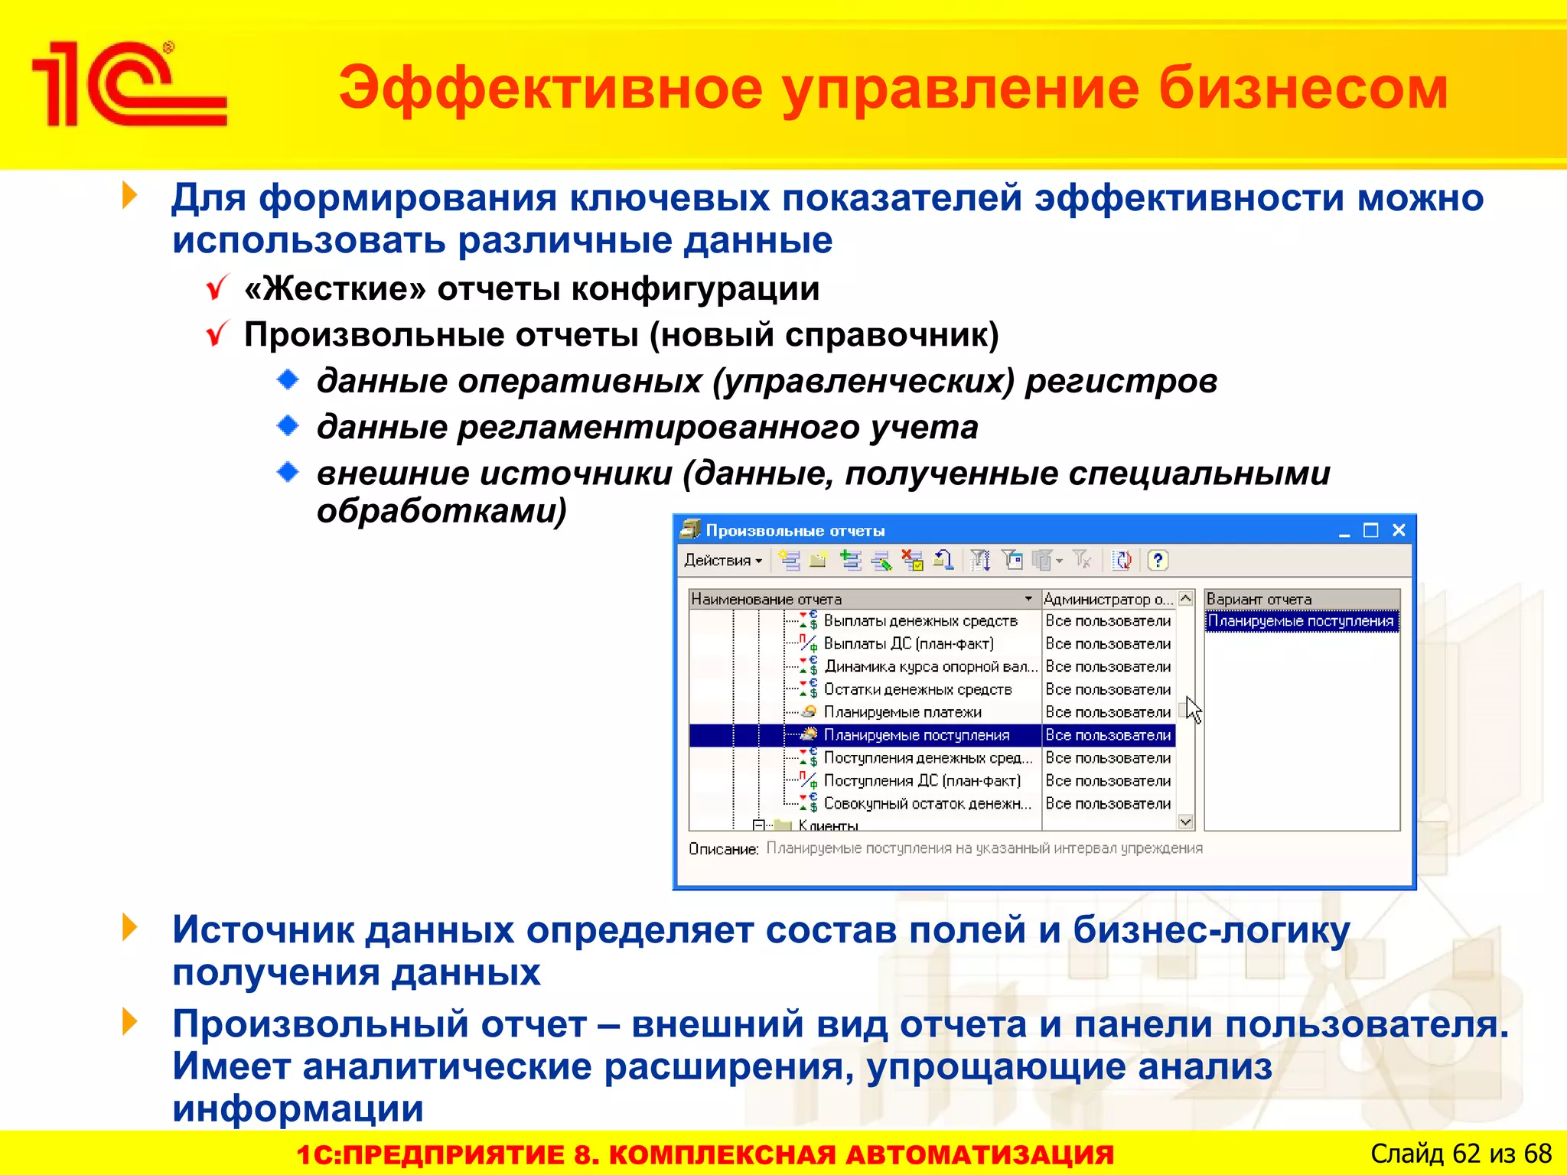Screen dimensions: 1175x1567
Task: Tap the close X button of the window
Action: pyautogui.click(x=1399, y=530)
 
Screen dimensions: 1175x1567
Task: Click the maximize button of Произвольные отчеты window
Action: pyautogui.click(x=1370, y=530)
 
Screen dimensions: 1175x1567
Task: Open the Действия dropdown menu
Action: pyautogui.click(x=723, y=561)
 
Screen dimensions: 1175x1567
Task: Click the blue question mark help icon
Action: pyautogui.click(x=1158, y=561)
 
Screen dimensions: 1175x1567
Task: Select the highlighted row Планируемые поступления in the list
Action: pyautogui.click(x=916, y=735)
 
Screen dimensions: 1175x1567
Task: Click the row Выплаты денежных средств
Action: pyautogui.click(x=920, y=621)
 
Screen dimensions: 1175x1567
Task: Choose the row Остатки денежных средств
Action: pyautogui.click(x=917, y=689)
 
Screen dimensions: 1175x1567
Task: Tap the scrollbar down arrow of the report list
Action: pyautogui.click(x=1185, y=822)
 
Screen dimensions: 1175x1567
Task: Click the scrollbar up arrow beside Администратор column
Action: pyautogui.click(x=1185, y=598)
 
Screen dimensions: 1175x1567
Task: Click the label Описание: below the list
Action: pyautogui.click(x=723, y=849)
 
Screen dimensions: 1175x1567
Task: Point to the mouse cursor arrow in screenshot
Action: pyautogui.click(x=1192, y=708)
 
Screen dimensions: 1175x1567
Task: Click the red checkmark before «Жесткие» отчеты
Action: pyautogui.click(x=217, y=288)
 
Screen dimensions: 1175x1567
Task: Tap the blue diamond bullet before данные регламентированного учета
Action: pyautogui.click(x=288, y=425)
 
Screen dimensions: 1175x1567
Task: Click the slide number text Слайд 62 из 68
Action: pyautogui.click(x=1460, y=1154)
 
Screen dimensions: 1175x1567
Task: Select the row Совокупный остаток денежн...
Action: pyautogui.click(x=927, y=804)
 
